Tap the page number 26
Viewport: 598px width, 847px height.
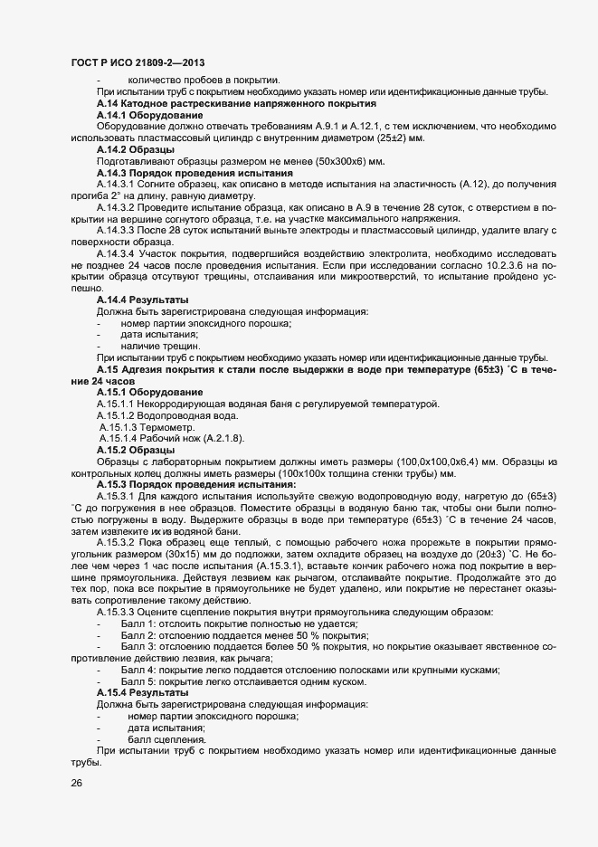coord(76,784)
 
